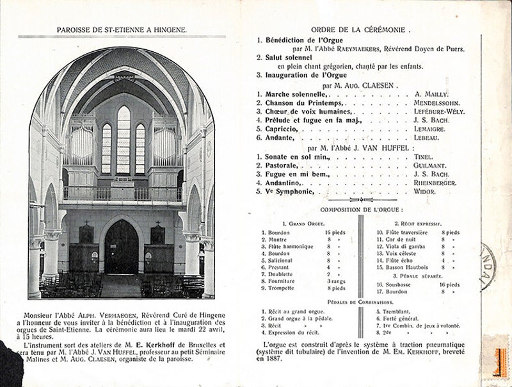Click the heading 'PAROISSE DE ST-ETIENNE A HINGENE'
(x=122, y=29)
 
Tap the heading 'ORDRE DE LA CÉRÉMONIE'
(x=361, y=29)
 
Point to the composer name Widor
(x=425, y=192)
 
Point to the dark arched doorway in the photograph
(x=121, y=247)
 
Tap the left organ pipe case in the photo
(x=81, y=144)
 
